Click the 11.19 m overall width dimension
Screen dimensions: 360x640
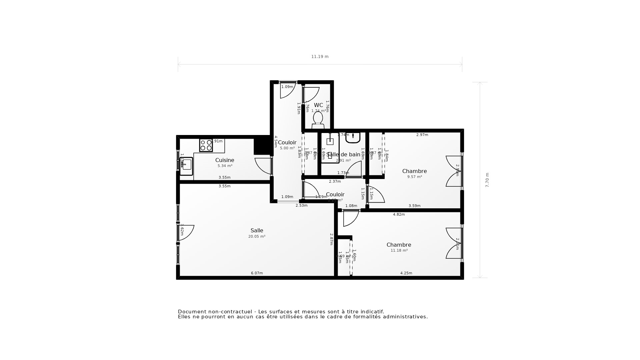pyautogui.click(x=320, y=57)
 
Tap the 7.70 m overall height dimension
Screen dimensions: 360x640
pyautogui.click(x=487, y=180)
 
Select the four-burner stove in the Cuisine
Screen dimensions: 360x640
pyautogui.click(x=206, y=145)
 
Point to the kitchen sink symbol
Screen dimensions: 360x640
pyautogui.click(x=186, y=166)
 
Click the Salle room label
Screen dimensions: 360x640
pyautogui.click(x=257, y=230)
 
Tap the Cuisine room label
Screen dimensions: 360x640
pyautogui.click(x=225, y=160)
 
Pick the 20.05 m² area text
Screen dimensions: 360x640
pyautogui.click(x=257, y=237)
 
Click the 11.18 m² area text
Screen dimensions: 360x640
pyautogui.click(x=399, y=251)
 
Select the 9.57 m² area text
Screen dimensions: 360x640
pyautogui.click(x=414, y=177)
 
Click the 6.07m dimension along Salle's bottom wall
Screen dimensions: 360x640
pyautogui.click(x=257, y=273)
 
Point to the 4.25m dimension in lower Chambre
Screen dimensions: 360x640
pyautogui.click(x=406, y=273)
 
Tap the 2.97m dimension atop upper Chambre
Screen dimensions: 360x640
pyautogui.click(x=422, y=135)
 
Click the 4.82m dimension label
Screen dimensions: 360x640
pyautogui.click(x=399, y=215)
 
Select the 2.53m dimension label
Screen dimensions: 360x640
pyautogui.click(x=301, y=206)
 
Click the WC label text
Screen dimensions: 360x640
pyautogui.click(x=318, y=105)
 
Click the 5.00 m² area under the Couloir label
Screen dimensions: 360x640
pyautogui.click(x=287, y=148)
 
